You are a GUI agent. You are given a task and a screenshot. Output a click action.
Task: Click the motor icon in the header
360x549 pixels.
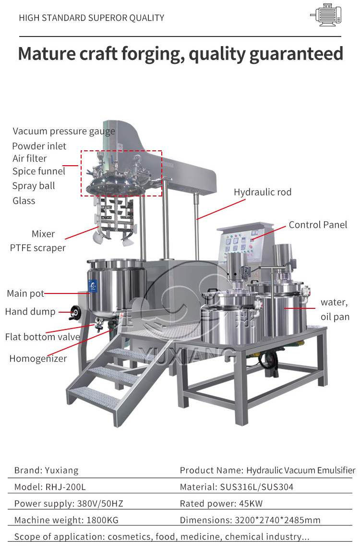pyautogui.click(x=326, y=15)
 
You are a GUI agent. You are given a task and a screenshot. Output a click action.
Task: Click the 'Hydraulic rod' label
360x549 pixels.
pyautogui.click(x=263, y=192)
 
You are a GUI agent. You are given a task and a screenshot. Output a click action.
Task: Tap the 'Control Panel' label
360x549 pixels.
pyautogui.click(x=318, y=225)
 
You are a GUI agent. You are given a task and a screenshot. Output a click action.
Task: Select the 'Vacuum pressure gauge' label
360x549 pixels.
pyautogui.click(x=64, y=132)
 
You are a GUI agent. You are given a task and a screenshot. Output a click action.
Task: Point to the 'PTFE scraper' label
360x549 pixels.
pyautogui.click(x=38, y=248)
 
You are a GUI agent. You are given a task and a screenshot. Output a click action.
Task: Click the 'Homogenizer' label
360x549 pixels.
pyautogui.click(x=38, y=359)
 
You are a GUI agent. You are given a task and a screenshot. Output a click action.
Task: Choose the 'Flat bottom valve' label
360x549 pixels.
pyautogui.click(x=42, y=337)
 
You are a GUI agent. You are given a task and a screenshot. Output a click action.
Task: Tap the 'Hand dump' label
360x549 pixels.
pyautogui.click(x=30, y=312)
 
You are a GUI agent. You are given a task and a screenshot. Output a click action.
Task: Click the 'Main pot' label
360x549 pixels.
pyautogui.click(x=25, y=293)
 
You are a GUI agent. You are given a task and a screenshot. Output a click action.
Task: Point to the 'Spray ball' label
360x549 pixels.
pyautogui.click(x=34, y=186)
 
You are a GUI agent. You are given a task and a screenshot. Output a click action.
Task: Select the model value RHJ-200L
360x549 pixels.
pyautogui.click(x=65, y=487)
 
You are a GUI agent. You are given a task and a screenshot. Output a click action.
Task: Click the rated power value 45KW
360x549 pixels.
pyautogui.click(x=251, y=503)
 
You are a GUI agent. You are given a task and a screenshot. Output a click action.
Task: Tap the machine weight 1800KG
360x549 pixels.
pyautogui.click(x=103, y=520)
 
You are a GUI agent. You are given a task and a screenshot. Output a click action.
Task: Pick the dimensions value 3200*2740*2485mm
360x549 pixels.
pyautogui.click(x=277, y=520)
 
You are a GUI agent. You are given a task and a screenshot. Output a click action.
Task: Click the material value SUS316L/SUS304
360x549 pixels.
pyautogui.click(x=257, y=487)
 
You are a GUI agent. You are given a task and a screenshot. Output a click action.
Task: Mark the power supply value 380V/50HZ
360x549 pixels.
pyautogui.click(x=100, y=503)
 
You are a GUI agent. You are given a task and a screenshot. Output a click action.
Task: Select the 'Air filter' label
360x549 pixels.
pyautogui.click(x=29, y=159)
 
